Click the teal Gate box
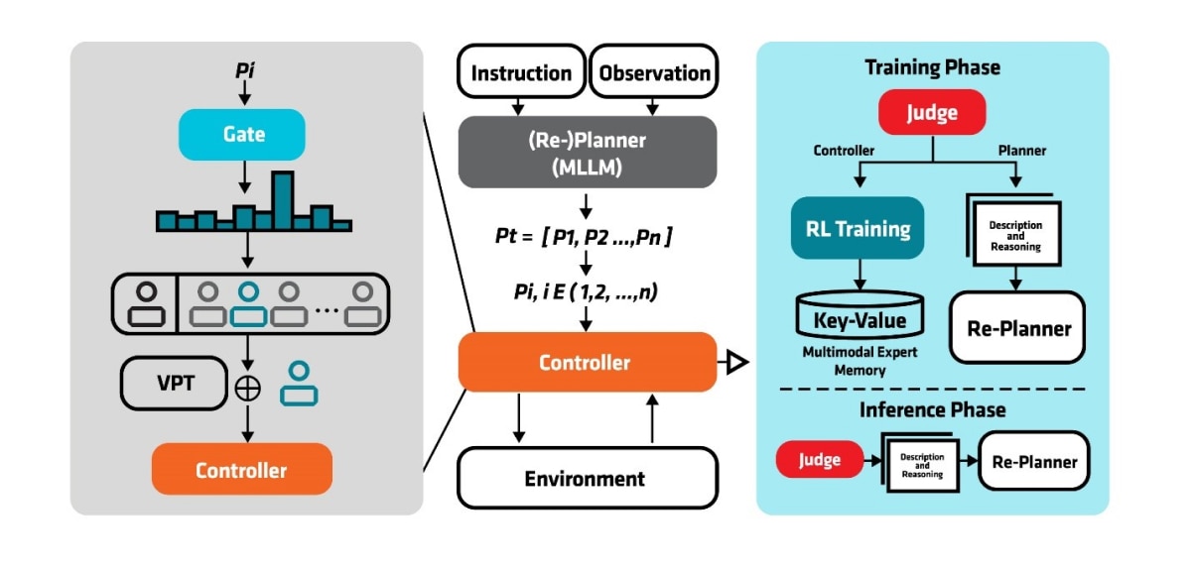(242, 134)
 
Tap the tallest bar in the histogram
(283, 201)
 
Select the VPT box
(174, 383)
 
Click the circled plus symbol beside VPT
(248, 389)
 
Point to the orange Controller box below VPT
(241, 469)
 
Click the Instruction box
(521, 72)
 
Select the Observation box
(653, 72)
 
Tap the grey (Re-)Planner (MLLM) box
(587, 152)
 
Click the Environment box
(587, 478)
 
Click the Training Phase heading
(932, 67)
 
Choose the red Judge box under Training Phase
(932, 112)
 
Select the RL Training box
(858, 228)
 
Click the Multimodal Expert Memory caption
(860, 361)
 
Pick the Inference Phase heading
(932, 408)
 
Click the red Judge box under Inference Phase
(820, 460)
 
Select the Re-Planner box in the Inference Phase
(1033, 461)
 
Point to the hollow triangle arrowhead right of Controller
(735, 363)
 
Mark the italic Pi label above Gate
(244, 73)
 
